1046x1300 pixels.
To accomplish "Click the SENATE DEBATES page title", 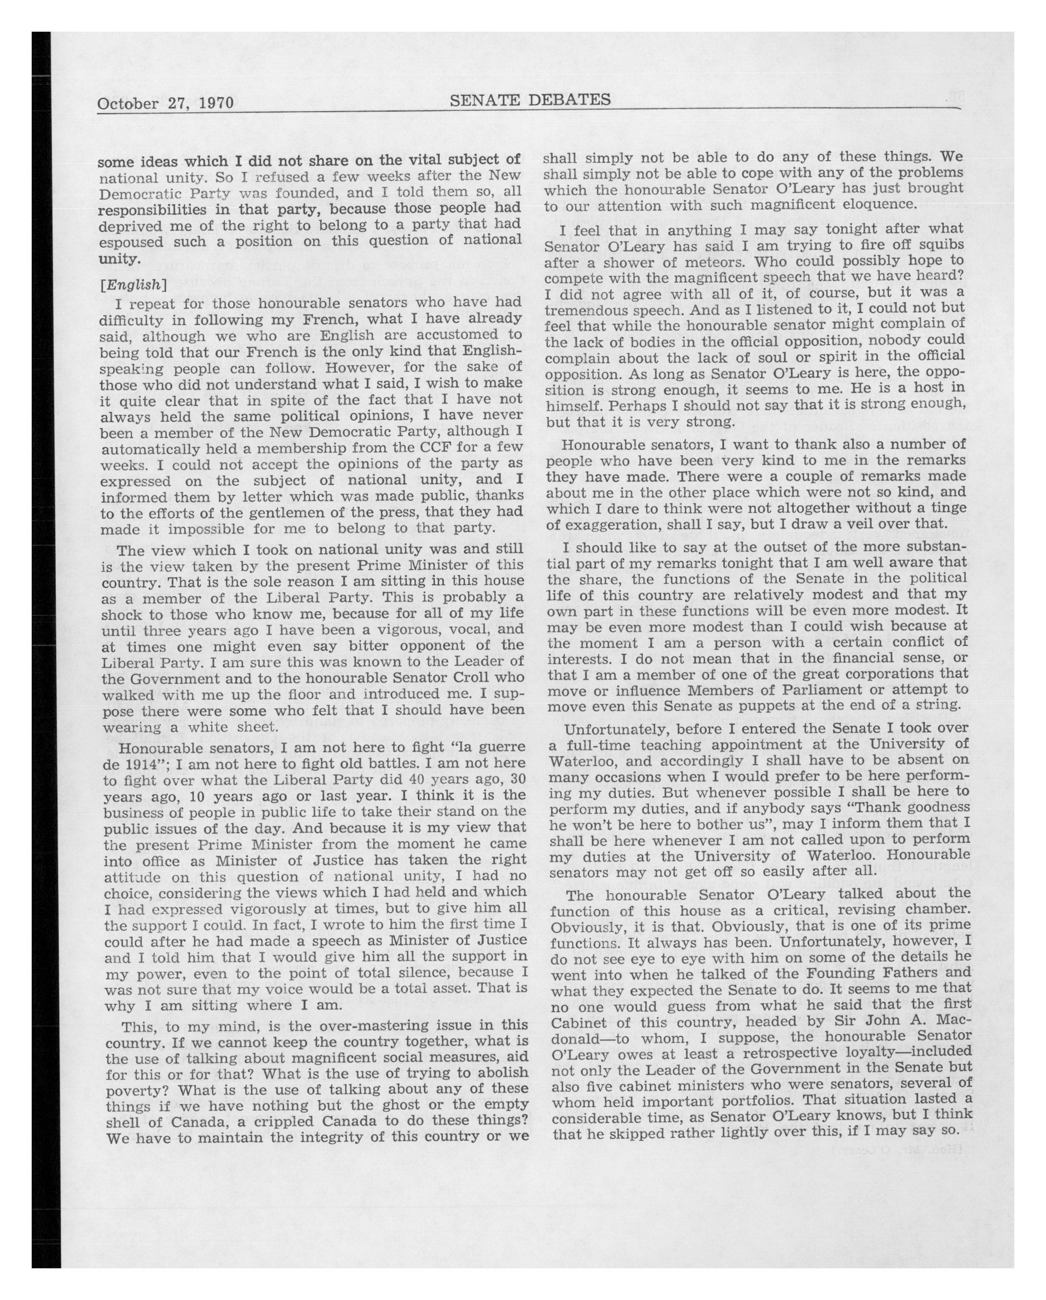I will [x=530, y=99].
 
